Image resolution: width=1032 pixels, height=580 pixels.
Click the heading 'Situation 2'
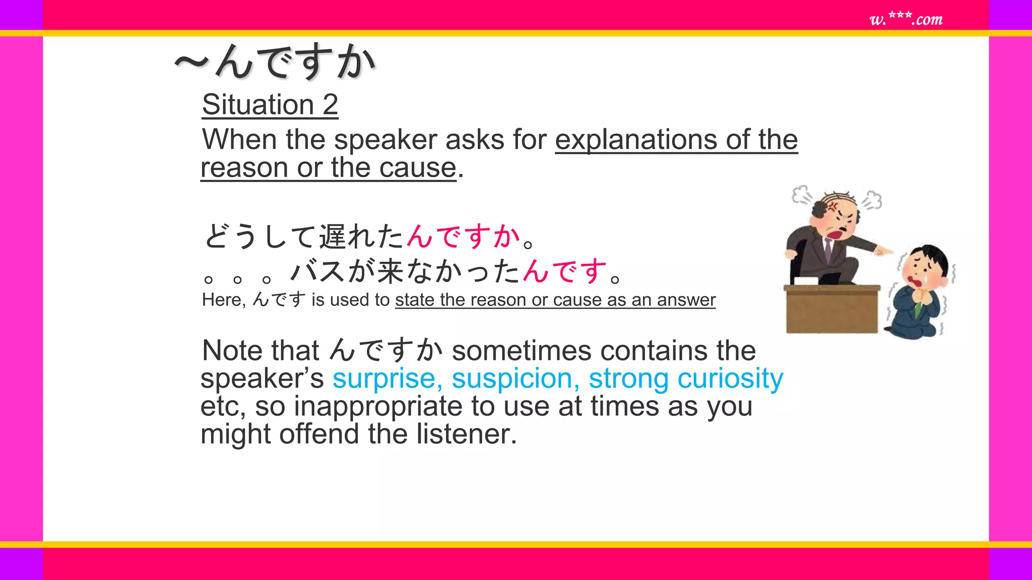point(270,105)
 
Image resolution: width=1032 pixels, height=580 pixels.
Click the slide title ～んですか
point(275,62)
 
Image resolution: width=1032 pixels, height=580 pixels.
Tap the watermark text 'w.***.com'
point(906,19)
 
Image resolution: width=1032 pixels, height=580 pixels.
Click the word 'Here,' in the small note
point(223,300)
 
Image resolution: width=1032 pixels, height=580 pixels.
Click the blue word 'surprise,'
point(388,379)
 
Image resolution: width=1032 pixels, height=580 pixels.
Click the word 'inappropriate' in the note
point(378,406)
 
